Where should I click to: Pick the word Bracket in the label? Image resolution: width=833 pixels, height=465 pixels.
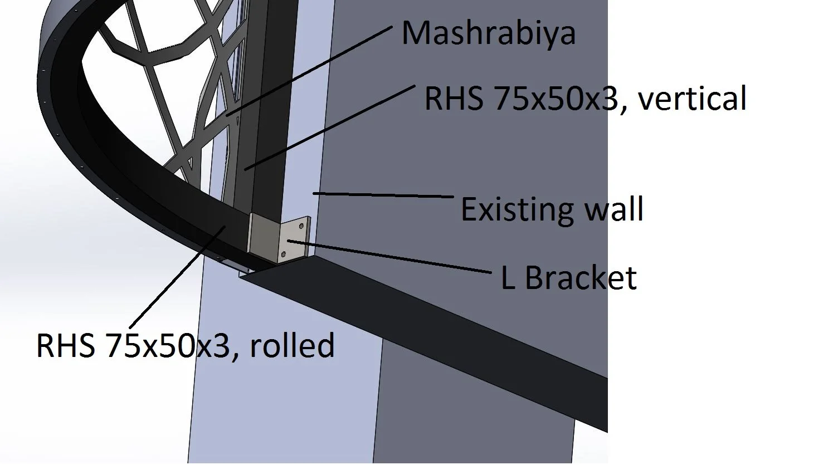[581, 277]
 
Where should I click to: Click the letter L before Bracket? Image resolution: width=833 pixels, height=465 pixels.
[508, 277]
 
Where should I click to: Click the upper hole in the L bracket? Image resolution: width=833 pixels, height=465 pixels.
[301, 227]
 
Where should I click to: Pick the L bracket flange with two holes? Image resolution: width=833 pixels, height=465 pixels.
[293, 239]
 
